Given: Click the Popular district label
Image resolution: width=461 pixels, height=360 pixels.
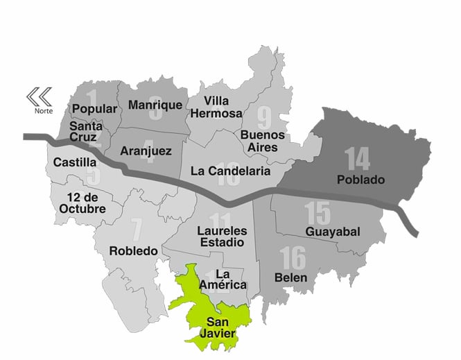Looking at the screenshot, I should click(94, 109).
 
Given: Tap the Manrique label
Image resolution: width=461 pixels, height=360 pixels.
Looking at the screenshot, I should click(155, 105).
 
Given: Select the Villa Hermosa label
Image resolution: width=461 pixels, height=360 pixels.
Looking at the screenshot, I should click(217, 107).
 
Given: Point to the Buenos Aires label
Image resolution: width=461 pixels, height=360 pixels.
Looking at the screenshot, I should click(259, 141).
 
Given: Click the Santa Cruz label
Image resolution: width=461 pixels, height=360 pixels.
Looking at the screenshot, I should click(87, 132).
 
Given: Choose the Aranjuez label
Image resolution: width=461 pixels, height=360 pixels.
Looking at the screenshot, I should click(146, 151).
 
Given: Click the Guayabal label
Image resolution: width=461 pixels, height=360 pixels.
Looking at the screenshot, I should click(332, 232).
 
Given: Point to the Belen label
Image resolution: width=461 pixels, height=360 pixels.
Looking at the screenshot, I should click(290, 277).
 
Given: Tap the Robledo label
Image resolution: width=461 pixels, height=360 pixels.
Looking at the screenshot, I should click(134, 250).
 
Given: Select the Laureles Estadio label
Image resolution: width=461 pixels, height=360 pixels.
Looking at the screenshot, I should click(220, 237).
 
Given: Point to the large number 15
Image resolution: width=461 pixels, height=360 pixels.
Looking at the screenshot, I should click(317, 212).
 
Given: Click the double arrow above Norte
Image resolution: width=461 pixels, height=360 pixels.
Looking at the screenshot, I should click(40, 96).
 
